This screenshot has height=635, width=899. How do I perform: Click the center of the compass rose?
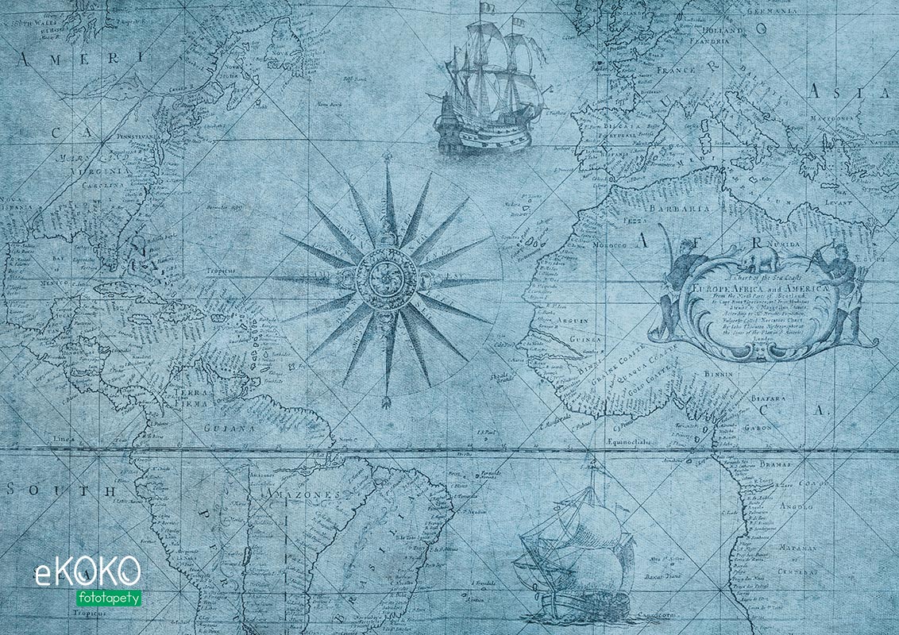(387, 280)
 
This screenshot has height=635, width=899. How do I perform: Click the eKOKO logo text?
(87, 571)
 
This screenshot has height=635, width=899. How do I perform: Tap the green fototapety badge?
(110, 597)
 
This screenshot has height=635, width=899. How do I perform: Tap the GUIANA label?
(230, 428)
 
